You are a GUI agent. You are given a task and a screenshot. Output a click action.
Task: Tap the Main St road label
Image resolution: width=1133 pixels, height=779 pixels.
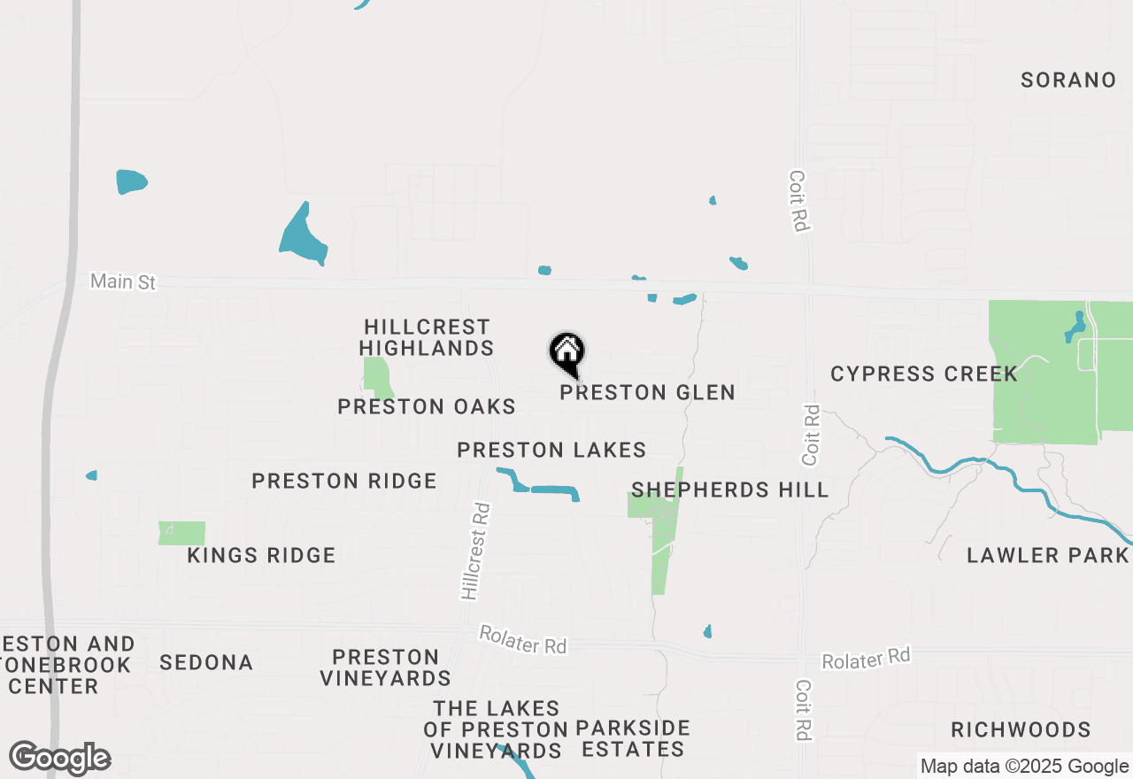point(123,282)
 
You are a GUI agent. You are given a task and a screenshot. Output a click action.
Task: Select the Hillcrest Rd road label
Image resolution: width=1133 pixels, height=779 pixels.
point(476,551)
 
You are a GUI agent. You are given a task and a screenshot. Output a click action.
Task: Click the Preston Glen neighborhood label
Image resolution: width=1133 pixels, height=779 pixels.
point(647,392)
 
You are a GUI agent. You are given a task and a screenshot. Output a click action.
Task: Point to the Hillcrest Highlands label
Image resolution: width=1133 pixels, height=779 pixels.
point(427,337)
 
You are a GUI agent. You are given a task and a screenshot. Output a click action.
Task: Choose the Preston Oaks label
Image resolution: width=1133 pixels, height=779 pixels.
point(427,406)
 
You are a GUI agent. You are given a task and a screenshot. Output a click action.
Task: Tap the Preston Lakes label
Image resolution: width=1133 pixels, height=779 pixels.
point(551,450)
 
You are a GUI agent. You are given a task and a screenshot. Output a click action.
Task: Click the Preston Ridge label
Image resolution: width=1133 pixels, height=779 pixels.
point(344,481)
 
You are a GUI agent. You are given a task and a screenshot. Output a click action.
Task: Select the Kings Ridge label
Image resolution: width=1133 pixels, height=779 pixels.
point(261,555)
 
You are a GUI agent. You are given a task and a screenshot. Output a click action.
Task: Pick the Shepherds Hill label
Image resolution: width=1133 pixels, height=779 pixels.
point(729,490)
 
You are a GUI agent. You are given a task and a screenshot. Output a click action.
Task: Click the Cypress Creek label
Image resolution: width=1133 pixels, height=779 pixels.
point(924,374)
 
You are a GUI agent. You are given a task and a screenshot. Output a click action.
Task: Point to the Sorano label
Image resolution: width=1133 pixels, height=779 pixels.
point(1068,80)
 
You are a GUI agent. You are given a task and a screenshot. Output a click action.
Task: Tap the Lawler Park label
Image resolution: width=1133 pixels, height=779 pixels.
point(1047,555)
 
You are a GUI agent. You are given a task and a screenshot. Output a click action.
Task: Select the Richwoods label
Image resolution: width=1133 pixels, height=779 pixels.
point(1021,729)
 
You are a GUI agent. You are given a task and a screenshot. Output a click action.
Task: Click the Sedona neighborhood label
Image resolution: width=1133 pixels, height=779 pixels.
point(206,662)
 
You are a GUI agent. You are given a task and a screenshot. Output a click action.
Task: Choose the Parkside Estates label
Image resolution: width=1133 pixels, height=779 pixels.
point(632,738)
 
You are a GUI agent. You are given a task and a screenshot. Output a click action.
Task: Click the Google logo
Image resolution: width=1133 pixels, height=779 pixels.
point(60,759)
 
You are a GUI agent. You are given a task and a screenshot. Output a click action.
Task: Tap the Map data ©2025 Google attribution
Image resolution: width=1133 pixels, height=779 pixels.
point(1024,767)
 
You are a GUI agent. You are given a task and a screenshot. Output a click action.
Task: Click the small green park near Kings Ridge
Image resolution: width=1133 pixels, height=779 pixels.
point(182,533)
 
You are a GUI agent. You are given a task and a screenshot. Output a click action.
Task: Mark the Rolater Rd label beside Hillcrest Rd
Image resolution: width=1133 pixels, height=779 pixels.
point(522,640)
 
